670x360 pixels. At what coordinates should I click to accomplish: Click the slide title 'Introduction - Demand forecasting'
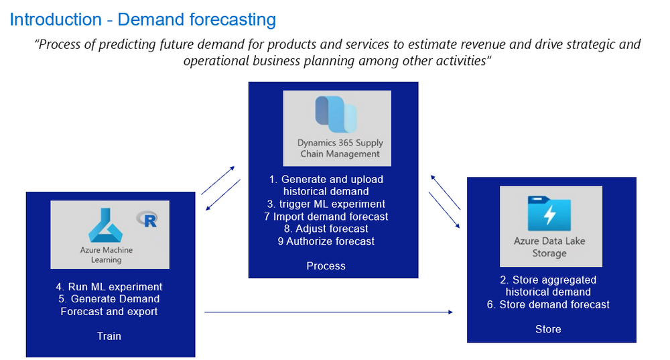(143, 19)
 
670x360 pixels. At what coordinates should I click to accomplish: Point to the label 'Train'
(109, 336)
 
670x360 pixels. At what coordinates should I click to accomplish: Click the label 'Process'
(326, 266)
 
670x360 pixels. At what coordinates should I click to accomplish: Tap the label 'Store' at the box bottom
(548, 329)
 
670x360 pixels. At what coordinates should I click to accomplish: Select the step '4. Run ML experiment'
(109, 287)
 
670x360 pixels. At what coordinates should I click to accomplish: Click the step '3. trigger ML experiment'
(328, 204)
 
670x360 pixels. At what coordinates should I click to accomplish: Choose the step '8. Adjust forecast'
(326, 229)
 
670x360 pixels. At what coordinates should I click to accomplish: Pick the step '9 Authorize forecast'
(326, 241)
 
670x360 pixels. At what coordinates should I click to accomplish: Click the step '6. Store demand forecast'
(548, 304)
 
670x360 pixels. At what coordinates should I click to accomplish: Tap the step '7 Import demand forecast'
(326, 217)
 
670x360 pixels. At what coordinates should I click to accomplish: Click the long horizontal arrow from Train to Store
(328, 312)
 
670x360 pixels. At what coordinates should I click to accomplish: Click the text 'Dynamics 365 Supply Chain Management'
(340, 148)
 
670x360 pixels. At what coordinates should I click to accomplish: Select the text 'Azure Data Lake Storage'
(549, 247)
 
